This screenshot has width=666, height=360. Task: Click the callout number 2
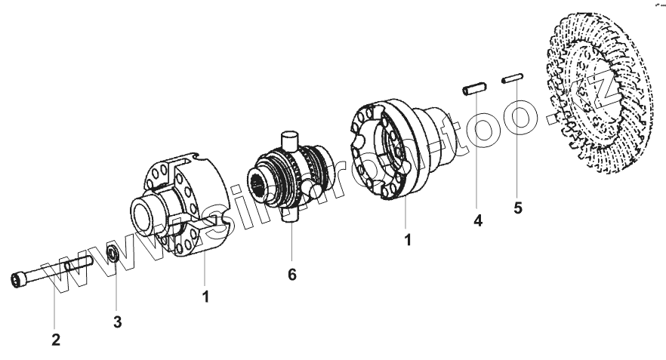(56, 340)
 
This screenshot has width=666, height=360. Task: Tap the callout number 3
(117, 322)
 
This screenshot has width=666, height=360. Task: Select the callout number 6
(292, 275)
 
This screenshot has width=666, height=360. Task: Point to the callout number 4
(478, 220)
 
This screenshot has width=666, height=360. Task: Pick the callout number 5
(517, 207)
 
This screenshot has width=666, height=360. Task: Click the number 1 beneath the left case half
(205, 297)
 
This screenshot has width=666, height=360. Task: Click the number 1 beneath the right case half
(408, 242)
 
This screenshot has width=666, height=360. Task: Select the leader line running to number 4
(475, 151)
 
